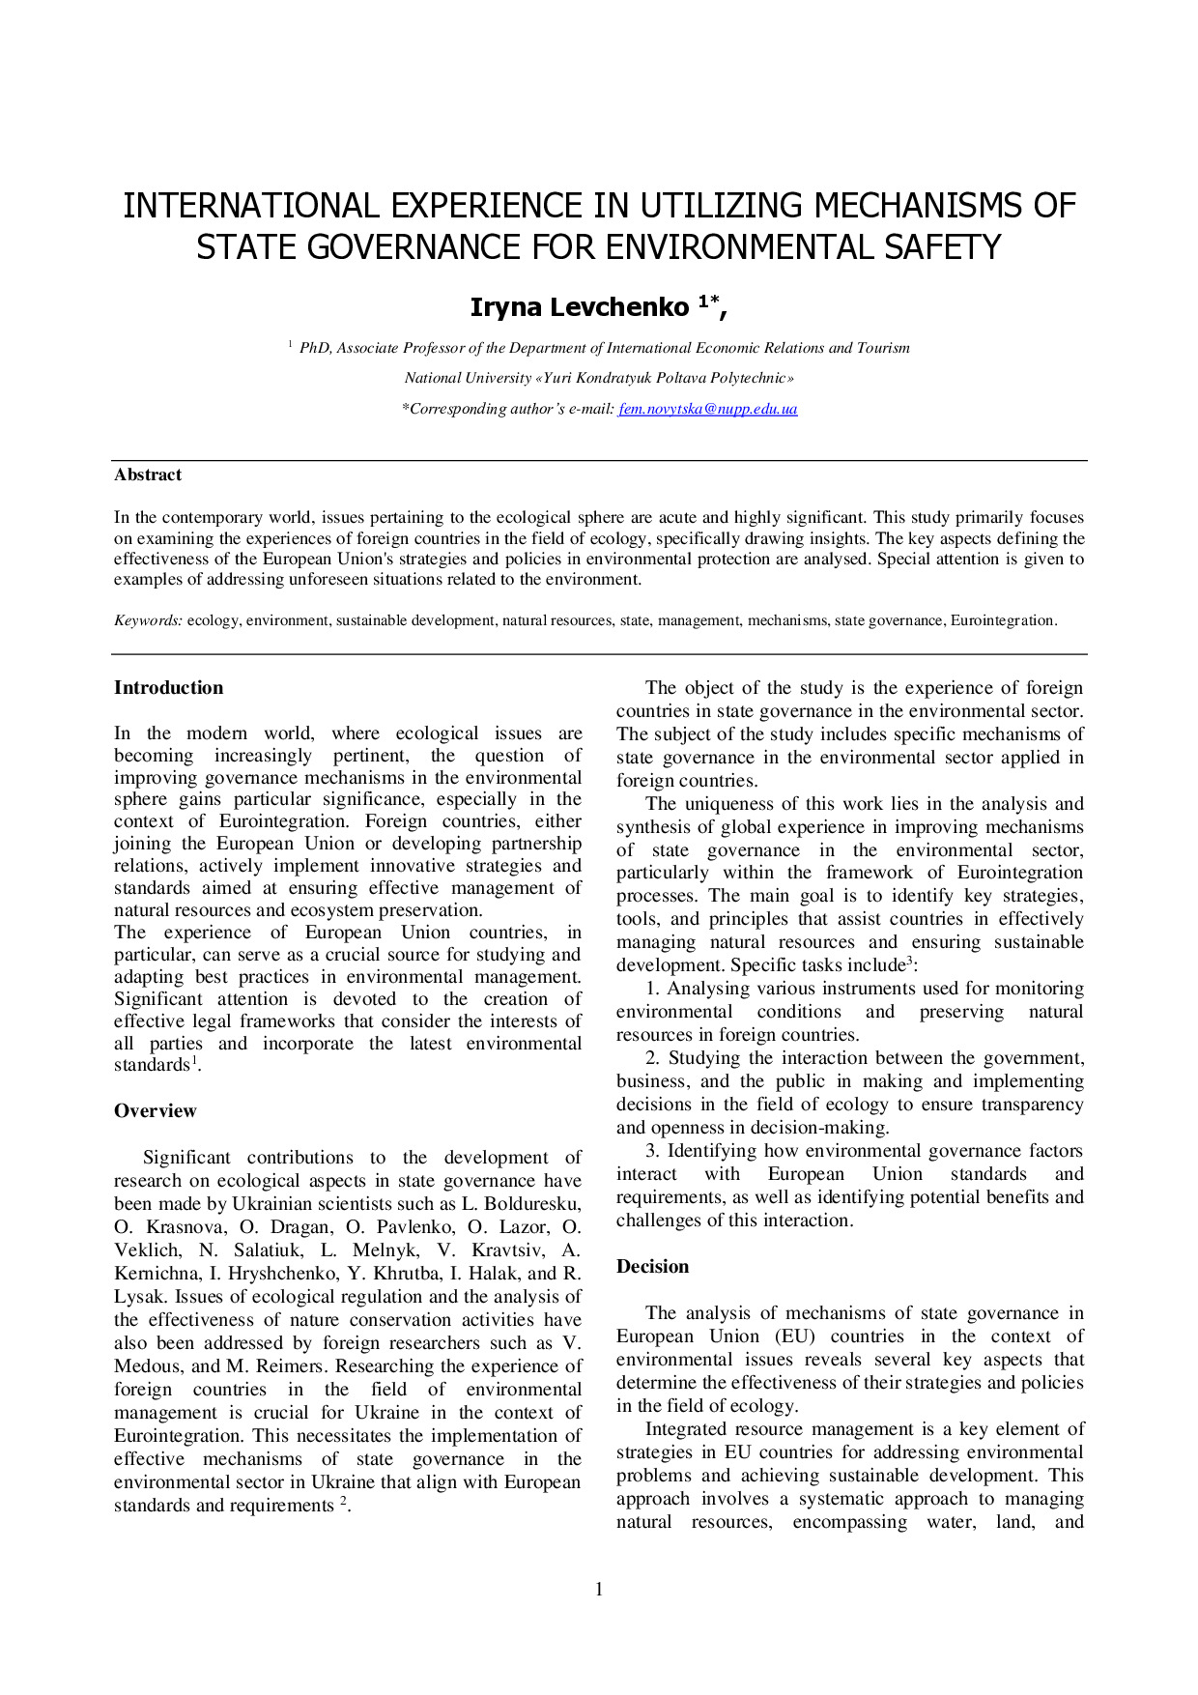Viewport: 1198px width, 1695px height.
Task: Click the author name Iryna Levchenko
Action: tap(579, 307)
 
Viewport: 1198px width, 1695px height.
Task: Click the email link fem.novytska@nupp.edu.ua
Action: tap(707, 409)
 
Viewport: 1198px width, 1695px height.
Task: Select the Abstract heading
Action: tap(148, 474)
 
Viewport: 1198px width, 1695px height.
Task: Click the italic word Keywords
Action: tap(147, 620)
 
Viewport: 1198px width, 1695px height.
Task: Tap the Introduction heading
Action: tap(168, 688)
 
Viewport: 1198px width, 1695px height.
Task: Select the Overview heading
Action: tap(155, 1111)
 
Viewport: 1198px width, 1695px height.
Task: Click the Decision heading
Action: tap(652, 1267)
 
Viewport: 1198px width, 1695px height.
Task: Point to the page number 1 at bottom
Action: tap(599, 1589)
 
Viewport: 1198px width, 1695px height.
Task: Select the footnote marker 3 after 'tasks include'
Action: tap(909, 961)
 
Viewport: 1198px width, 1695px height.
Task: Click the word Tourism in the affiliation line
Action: tap(882, 348)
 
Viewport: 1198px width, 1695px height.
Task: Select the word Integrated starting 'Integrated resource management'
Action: tap(684, 1429)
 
